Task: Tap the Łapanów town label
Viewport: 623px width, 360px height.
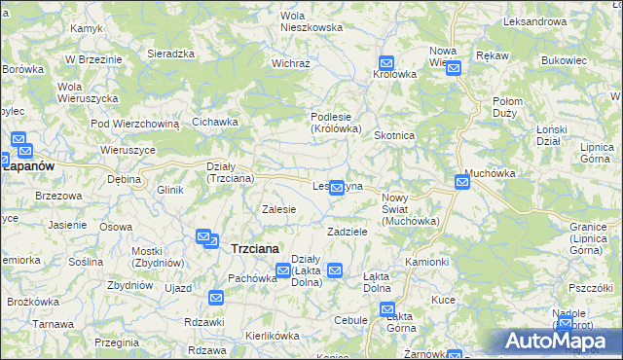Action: coord(29,167)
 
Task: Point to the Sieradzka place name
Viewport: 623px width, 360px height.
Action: coord(171,54)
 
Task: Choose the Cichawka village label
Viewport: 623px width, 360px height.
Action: coord(215,122)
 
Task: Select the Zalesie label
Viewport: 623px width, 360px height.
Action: coord(279,209)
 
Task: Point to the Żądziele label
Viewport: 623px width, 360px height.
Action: coord(348,233)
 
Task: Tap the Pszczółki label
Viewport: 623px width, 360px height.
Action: coord(590,289)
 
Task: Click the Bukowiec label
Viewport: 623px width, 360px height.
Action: coord(564,60)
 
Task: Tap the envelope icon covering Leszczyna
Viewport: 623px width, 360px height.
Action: coord(337,188)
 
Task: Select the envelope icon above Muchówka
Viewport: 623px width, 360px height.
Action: coord(461,182)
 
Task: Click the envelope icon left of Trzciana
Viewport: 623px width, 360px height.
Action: coord(204,237)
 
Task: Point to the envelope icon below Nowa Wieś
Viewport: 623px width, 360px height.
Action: coord(453,69)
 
